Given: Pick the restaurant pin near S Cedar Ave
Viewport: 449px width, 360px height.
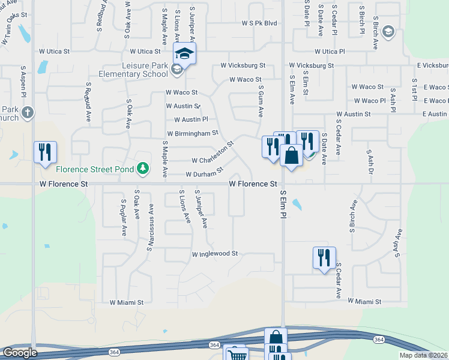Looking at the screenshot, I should (324, 259).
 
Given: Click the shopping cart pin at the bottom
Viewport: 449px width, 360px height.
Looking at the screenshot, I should (236, 355).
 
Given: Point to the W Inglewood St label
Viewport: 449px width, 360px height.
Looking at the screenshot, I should (215, 254).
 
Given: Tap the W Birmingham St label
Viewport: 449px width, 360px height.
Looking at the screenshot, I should (192, 133).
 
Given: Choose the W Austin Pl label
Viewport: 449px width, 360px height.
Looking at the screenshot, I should (191, 119).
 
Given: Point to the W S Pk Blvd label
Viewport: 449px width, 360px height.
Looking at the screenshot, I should (259, 23).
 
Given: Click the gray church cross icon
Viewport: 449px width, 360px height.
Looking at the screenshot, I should (26, 112).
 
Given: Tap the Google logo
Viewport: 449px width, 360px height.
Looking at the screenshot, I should (20, 353).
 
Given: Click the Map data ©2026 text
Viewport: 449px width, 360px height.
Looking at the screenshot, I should (423, 355).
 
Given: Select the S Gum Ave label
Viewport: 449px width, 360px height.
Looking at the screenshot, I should (261, 102).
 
